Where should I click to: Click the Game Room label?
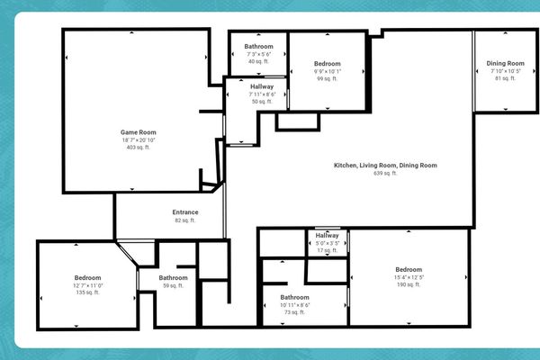tap(133, 132)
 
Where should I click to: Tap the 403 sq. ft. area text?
tap(133, 148)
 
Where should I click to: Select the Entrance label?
tap(185, 212)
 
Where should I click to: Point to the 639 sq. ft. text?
tap(385, 174)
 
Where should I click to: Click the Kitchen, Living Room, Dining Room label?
tap(385, 166)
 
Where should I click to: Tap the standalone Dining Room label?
tap(505, 63)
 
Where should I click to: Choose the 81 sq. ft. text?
tap(505, 78)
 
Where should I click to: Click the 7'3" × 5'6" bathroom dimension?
tap(258, 54)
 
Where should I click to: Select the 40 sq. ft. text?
tap(258, 62)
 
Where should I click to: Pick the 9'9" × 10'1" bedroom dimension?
tap(327, 71)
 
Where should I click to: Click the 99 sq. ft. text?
tap(327, 79)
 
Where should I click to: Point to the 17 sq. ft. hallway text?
tap(327, 250)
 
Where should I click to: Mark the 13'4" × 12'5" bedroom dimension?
tap(408, 277)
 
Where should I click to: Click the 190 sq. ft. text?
tap(408, 285)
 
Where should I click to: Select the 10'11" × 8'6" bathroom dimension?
tap(294, 305)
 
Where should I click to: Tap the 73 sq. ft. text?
tap(294, 313)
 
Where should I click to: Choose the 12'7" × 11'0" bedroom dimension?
tap(87, 285)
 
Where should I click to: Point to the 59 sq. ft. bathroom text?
tap(174, 286)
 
